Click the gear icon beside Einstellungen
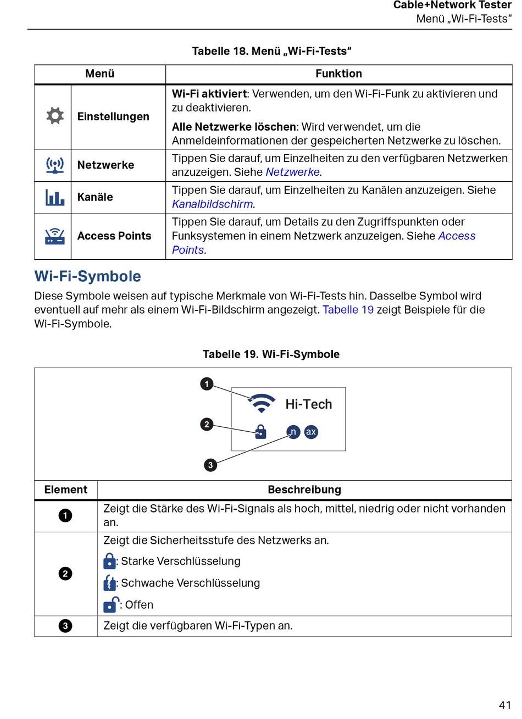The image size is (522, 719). tap(55, 116)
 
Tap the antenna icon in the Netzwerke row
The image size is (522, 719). tap(54, 165)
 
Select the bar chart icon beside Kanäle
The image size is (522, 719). tap(54, 197)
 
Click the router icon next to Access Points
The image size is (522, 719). tap(54, 236)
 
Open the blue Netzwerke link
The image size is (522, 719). tap(292, 172)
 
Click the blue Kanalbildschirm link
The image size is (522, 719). tap(213, 204)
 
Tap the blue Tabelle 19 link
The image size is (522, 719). tap(348, 309)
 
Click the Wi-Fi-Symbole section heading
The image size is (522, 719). tap(87, 276)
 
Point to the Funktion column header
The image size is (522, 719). tap(338, 74)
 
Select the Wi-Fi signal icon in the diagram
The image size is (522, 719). tap(262, 403)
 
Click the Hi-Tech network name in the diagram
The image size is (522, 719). tap(309, 404)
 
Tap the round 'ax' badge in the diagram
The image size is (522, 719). tap(311, 432)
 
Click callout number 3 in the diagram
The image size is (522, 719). tap(210, 465)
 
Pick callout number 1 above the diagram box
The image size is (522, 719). tap(207, 383)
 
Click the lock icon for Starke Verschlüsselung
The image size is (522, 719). tap(109, 561)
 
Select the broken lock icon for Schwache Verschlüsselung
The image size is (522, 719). tap(109, 583)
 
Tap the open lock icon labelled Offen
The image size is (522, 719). tap(111, 604)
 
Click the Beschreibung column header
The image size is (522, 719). tap(304, 489)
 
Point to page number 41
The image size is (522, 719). tap(504, 705)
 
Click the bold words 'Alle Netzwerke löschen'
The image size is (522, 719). tap(234, 126)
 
